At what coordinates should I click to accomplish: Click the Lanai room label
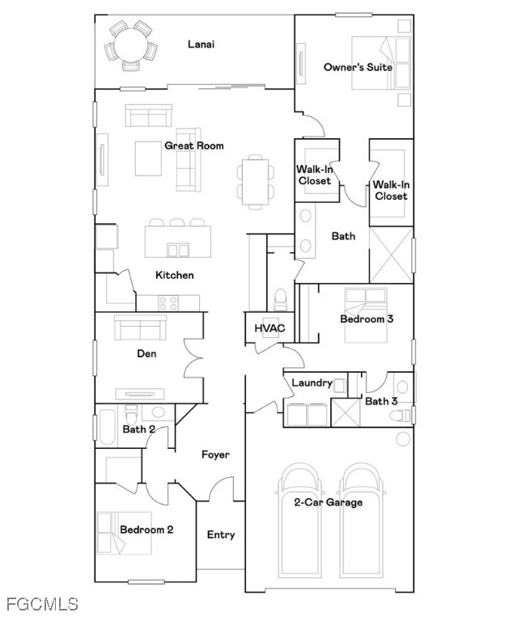click(201, 44)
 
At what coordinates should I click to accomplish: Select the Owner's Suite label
click(358, 67)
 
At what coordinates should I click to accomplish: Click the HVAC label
click(270, 328)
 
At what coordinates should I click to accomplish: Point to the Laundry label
click(312, 383)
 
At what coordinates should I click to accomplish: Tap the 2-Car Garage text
click(328, 503)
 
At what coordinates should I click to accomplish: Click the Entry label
click(221, 535)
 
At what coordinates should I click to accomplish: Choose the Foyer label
click(215, 454)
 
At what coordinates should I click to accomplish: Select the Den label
click(146, 353)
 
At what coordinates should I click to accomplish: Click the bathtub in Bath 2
click(107, 427)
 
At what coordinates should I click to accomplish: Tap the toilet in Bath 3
click(400, 416)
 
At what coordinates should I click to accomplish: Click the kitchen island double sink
click(178, 251)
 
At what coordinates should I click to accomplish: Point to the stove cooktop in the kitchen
click(168, 303)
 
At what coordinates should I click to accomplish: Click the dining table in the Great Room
click(255, 181)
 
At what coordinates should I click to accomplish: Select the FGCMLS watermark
click(42, 604)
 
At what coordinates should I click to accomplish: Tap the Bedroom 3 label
click(367, 319)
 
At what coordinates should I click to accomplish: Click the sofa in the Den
click(140, 327)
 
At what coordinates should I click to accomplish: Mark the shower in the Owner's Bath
click(391, 255)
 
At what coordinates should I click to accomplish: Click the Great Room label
click(193, 146)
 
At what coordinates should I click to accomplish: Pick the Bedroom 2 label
click(146, 530)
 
